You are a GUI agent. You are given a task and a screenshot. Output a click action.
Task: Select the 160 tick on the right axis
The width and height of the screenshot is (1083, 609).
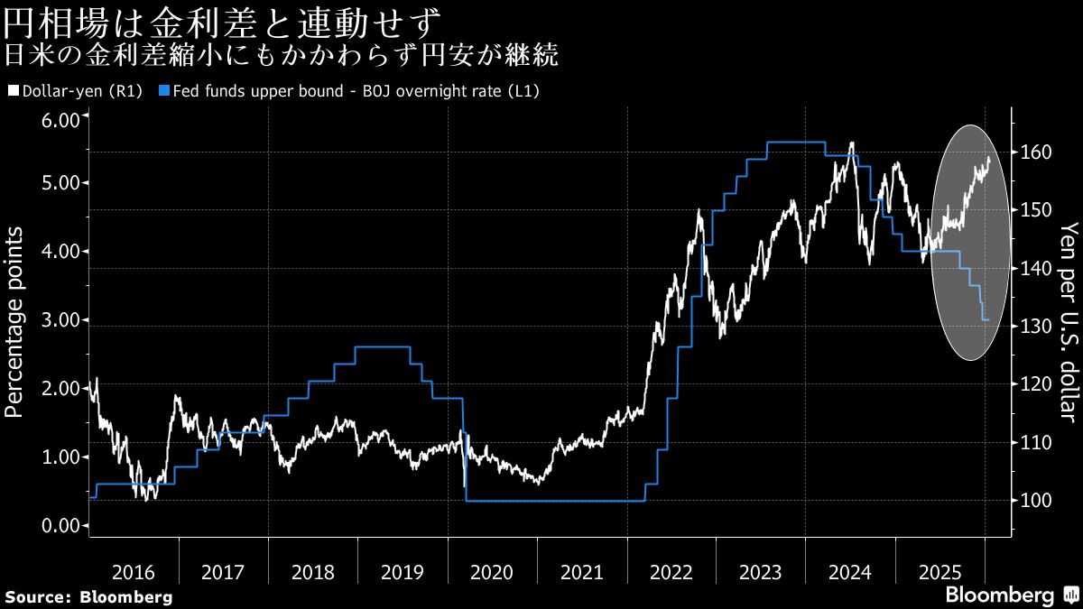(x=1034, y=152)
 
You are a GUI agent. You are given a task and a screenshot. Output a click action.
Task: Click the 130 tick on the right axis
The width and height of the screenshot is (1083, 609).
(x=1034, y=326)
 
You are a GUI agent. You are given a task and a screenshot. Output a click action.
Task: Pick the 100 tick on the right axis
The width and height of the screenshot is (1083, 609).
(x=1034, y=500)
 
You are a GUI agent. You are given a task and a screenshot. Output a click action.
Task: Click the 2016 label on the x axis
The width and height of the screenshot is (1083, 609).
(x=134, y=572)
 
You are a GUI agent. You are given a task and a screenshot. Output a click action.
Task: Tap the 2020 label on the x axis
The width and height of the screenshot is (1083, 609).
(x=492, y=572)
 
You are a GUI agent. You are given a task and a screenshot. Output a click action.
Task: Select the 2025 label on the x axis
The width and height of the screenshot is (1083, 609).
(x=940, y=572)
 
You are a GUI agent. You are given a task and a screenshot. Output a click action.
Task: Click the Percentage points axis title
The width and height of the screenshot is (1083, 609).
(x=14, y=322)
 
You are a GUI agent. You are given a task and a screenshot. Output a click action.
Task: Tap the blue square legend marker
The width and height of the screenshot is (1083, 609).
(x=163, y=90)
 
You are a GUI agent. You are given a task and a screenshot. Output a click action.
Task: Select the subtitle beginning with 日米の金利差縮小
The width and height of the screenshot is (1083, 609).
(x=281, y=56)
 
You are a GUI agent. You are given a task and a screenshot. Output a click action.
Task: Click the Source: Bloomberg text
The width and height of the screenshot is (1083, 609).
(x=88, y=597)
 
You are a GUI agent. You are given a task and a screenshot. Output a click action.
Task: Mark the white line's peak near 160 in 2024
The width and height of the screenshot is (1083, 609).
(x=851, y=143)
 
